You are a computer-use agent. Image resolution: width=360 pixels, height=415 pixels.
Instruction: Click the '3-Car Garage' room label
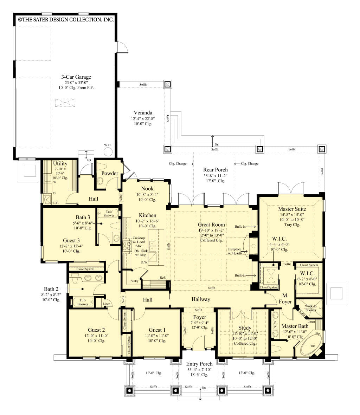coord(76,77)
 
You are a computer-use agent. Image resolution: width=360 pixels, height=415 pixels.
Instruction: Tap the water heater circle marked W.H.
coord(108,151)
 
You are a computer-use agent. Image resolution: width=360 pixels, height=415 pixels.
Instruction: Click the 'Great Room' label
coord(211,225)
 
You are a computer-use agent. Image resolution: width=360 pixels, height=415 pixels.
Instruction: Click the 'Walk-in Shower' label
coord(310,308)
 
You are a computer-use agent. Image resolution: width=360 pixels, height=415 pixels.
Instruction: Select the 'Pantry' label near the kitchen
coord(134,281)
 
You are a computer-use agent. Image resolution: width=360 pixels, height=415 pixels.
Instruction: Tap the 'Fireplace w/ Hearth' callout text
coord(234,251)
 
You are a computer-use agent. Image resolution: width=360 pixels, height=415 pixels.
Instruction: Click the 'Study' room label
coord(245,328)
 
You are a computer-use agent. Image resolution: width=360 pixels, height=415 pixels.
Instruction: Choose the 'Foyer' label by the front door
coord(199,317)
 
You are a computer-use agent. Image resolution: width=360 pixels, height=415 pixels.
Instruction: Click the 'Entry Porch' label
coord(199,364)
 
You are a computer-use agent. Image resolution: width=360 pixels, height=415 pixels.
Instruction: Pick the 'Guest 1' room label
coord(157,330)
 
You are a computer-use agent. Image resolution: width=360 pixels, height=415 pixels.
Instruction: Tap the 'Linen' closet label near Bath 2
coord(107,304)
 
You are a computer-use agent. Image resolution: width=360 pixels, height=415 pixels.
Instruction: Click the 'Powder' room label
coord(110,173)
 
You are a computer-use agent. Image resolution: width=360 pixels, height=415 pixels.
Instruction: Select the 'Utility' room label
coord(60,163)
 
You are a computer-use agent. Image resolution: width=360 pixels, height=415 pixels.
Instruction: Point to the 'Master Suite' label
coord(292,209)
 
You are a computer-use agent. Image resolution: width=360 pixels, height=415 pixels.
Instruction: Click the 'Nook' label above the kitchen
coord(147,188)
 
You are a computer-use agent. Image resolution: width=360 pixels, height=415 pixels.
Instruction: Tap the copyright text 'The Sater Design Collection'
coord(66,20)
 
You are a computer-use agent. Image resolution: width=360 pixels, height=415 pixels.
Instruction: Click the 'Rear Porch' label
coord(215,170)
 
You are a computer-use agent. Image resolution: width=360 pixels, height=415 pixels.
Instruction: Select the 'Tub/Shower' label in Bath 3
coord(109,213)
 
